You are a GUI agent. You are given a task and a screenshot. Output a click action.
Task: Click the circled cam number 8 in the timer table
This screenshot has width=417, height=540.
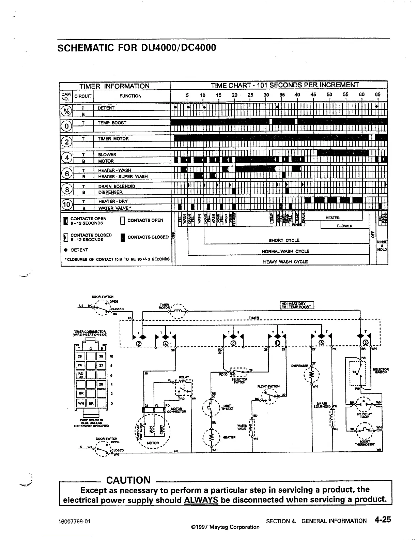click(x=67, y=189)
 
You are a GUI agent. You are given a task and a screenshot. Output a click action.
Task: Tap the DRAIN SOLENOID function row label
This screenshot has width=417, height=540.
click(x=117, y=186)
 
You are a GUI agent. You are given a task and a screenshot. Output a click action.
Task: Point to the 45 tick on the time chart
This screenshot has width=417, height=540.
click(x=313, y=95)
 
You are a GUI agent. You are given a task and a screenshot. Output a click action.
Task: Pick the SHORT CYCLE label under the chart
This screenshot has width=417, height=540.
click(x=284, y=240)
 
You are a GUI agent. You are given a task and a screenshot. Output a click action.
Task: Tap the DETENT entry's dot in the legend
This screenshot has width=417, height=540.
click(x=65, y=250)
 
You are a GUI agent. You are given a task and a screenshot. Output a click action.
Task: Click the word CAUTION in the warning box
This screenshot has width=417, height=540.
click(x=128, y=480)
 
